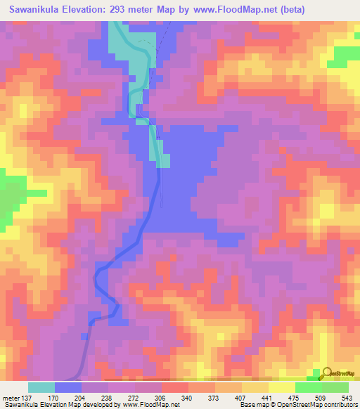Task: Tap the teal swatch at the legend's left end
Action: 41,387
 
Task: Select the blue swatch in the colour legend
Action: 68,387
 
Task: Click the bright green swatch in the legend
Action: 308,387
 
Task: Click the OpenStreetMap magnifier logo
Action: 327,372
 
